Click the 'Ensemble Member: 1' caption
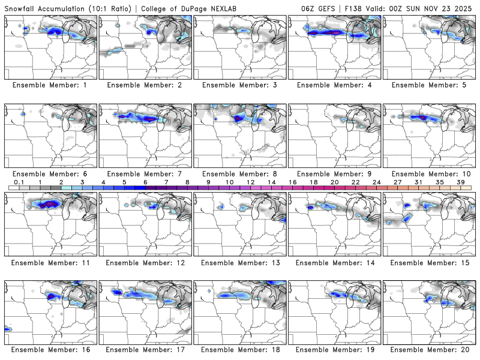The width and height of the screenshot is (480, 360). click(51, 85)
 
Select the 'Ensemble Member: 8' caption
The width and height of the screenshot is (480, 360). click(241, 174)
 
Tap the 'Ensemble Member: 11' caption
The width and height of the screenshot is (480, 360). click(51, 262)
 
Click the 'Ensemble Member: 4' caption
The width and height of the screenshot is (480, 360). click(336, 85)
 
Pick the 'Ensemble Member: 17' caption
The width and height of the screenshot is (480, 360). click(146, 350)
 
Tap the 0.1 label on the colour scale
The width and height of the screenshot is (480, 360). click(19, 182)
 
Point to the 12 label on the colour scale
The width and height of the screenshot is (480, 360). click(251, 182)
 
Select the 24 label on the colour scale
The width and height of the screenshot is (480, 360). click(377, 182)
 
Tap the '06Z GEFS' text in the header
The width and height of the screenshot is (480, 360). click(319, 9)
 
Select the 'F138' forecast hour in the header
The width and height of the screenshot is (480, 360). click(352, 9)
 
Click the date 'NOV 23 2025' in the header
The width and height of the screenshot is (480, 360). click(448, 9)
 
